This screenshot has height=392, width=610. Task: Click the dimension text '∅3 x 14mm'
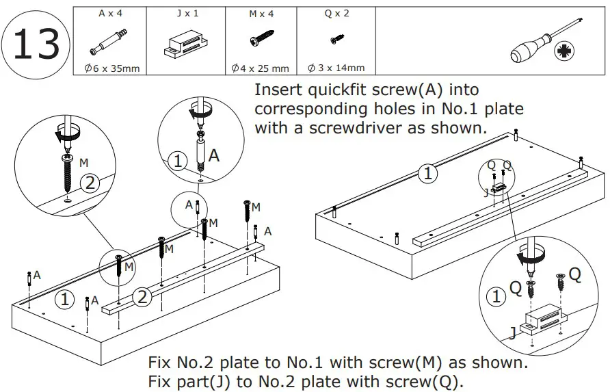(336, 68)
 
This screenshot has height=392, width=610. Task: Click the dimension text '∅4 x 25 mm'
(261, 68)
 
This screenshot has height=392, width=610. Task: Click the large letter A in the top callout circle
(213, 157)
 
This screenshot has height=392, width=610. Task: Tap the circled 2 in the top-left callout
(90, 183)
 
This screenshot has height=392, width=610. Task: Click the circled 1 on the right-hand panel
(427, 174)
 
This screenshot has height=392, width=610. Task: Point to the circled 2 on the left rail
(142, 297)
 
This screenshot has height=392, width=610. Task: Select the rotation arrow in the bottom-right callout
(531, 257)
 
